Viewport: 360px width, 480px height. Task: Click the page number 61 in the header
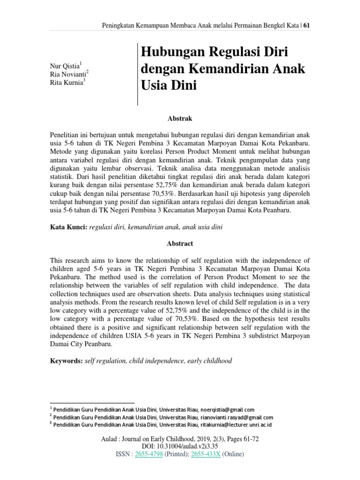point(307,26)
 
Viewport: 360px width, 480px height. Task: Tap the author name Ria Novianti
point(67,75)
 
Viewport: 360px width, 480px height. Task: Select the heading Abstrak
point(180,119)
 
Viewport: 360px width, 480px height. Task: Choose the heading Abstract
point(180,244)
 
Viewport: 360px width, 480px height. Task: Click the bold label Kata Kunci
point(68,227)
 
